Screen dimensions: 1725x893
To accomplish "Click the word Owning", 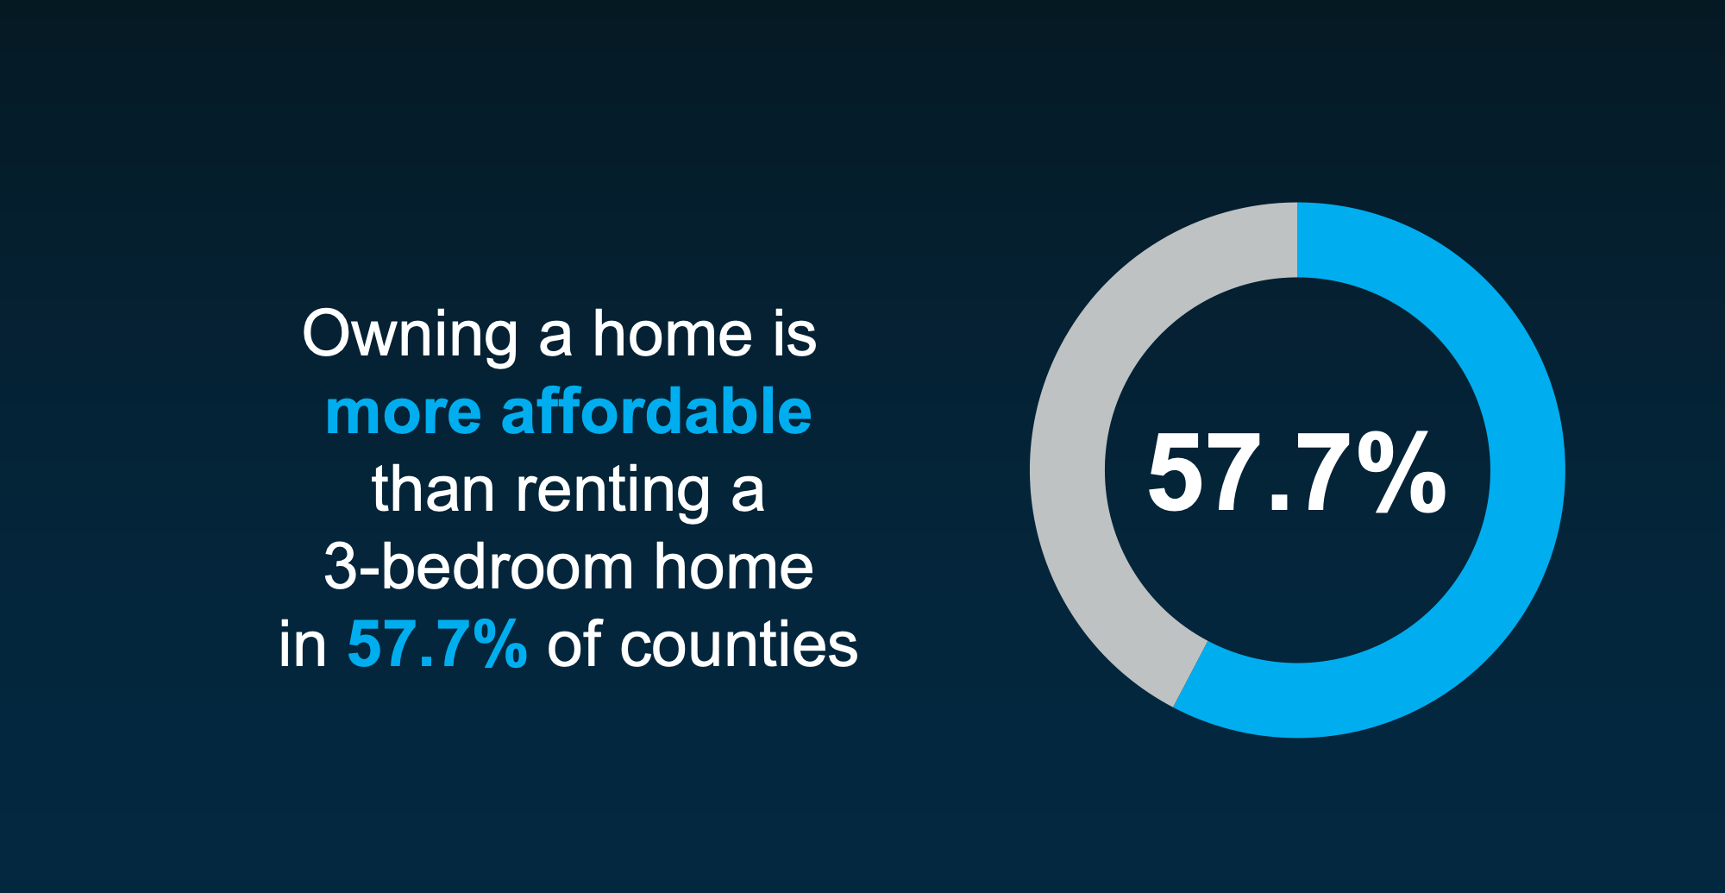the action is [410, 335].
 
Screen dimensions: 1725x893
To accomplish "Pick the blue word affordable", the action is [656, 411].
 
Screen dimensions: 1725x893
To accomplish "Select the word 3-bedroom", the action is [479, 567].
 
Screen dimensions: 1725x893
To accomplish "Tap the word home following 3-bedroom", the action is [733, 567].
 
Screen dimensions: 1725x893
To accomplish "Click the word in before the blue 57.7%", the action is [302, 645].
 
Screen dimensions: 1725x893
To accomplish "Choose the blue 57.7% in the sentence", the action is [436, 645].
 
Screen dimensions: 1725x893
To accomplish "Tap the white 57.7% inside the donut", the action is [1296, 474].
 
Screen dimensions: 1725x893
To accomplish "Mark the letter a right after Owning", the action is [555, 338].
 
